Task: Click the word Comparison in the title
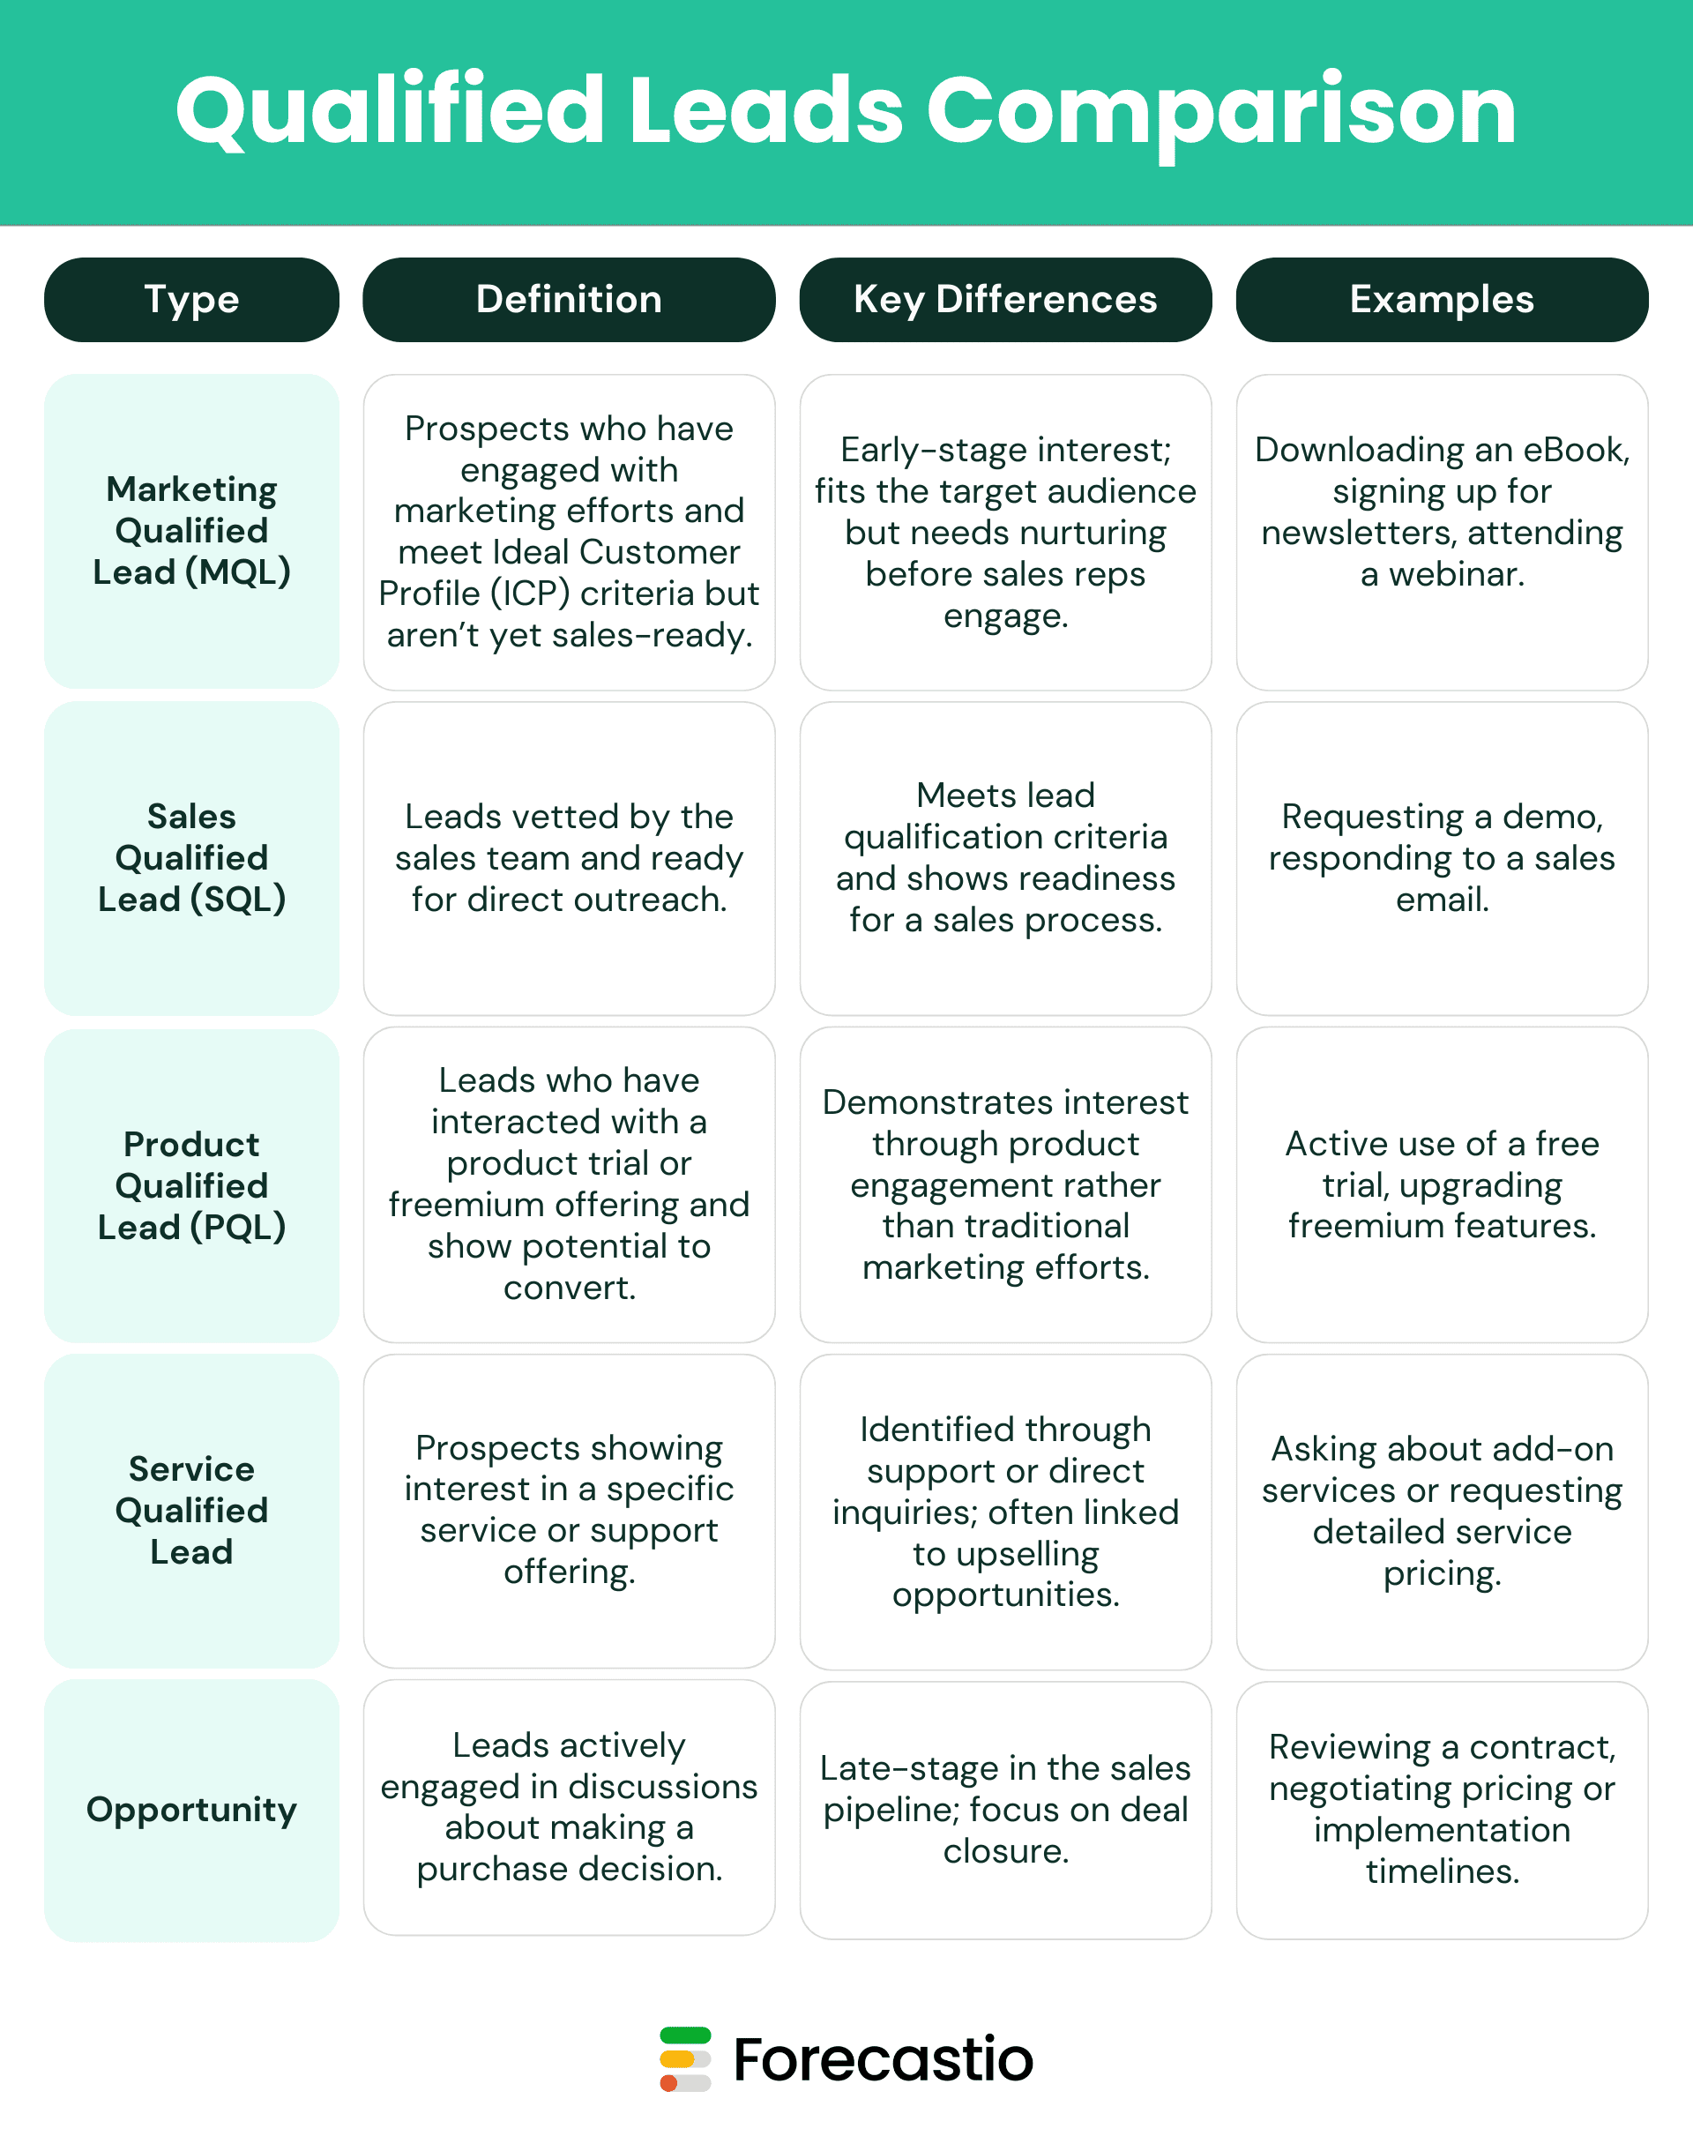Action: (1220, 111)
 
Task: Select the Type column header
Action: (191, 299)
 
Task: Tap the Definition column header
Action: (569, 299)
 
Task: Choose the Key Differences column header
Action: (1005, 299)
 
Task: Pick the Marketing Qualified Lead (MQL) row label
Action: (191, 530)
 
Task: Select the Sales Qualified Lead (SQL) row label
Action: (191, 857)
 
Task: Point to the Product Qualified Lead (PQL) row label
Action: (191, 1185)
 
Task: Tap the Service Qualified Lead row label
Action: (191, 1510)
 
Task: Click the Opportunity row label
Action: (191, 1809)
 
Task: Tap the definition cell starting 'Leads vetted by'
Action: (569, 857)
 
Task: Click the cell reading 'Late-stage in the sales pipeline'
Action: (1005, 1809)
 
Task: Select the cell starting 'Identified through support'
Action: (1005, 1512)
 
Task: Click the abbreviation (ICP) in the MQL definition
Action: (543, 594)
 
